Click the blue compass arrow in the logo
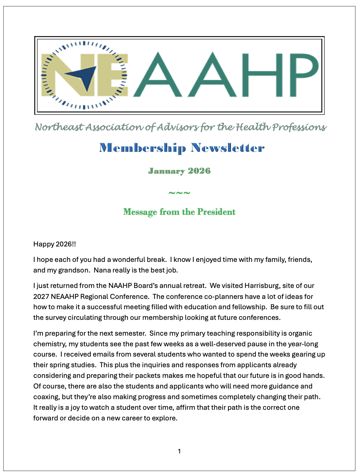84,77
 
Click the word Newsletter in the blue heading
228,148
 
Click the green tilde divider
179,193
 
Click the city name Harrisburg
262,286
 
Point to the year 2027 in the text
41,297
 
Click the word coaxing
46,397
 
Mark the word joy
75,407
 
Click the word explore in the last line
164,418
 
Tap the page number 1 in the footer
179,451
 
